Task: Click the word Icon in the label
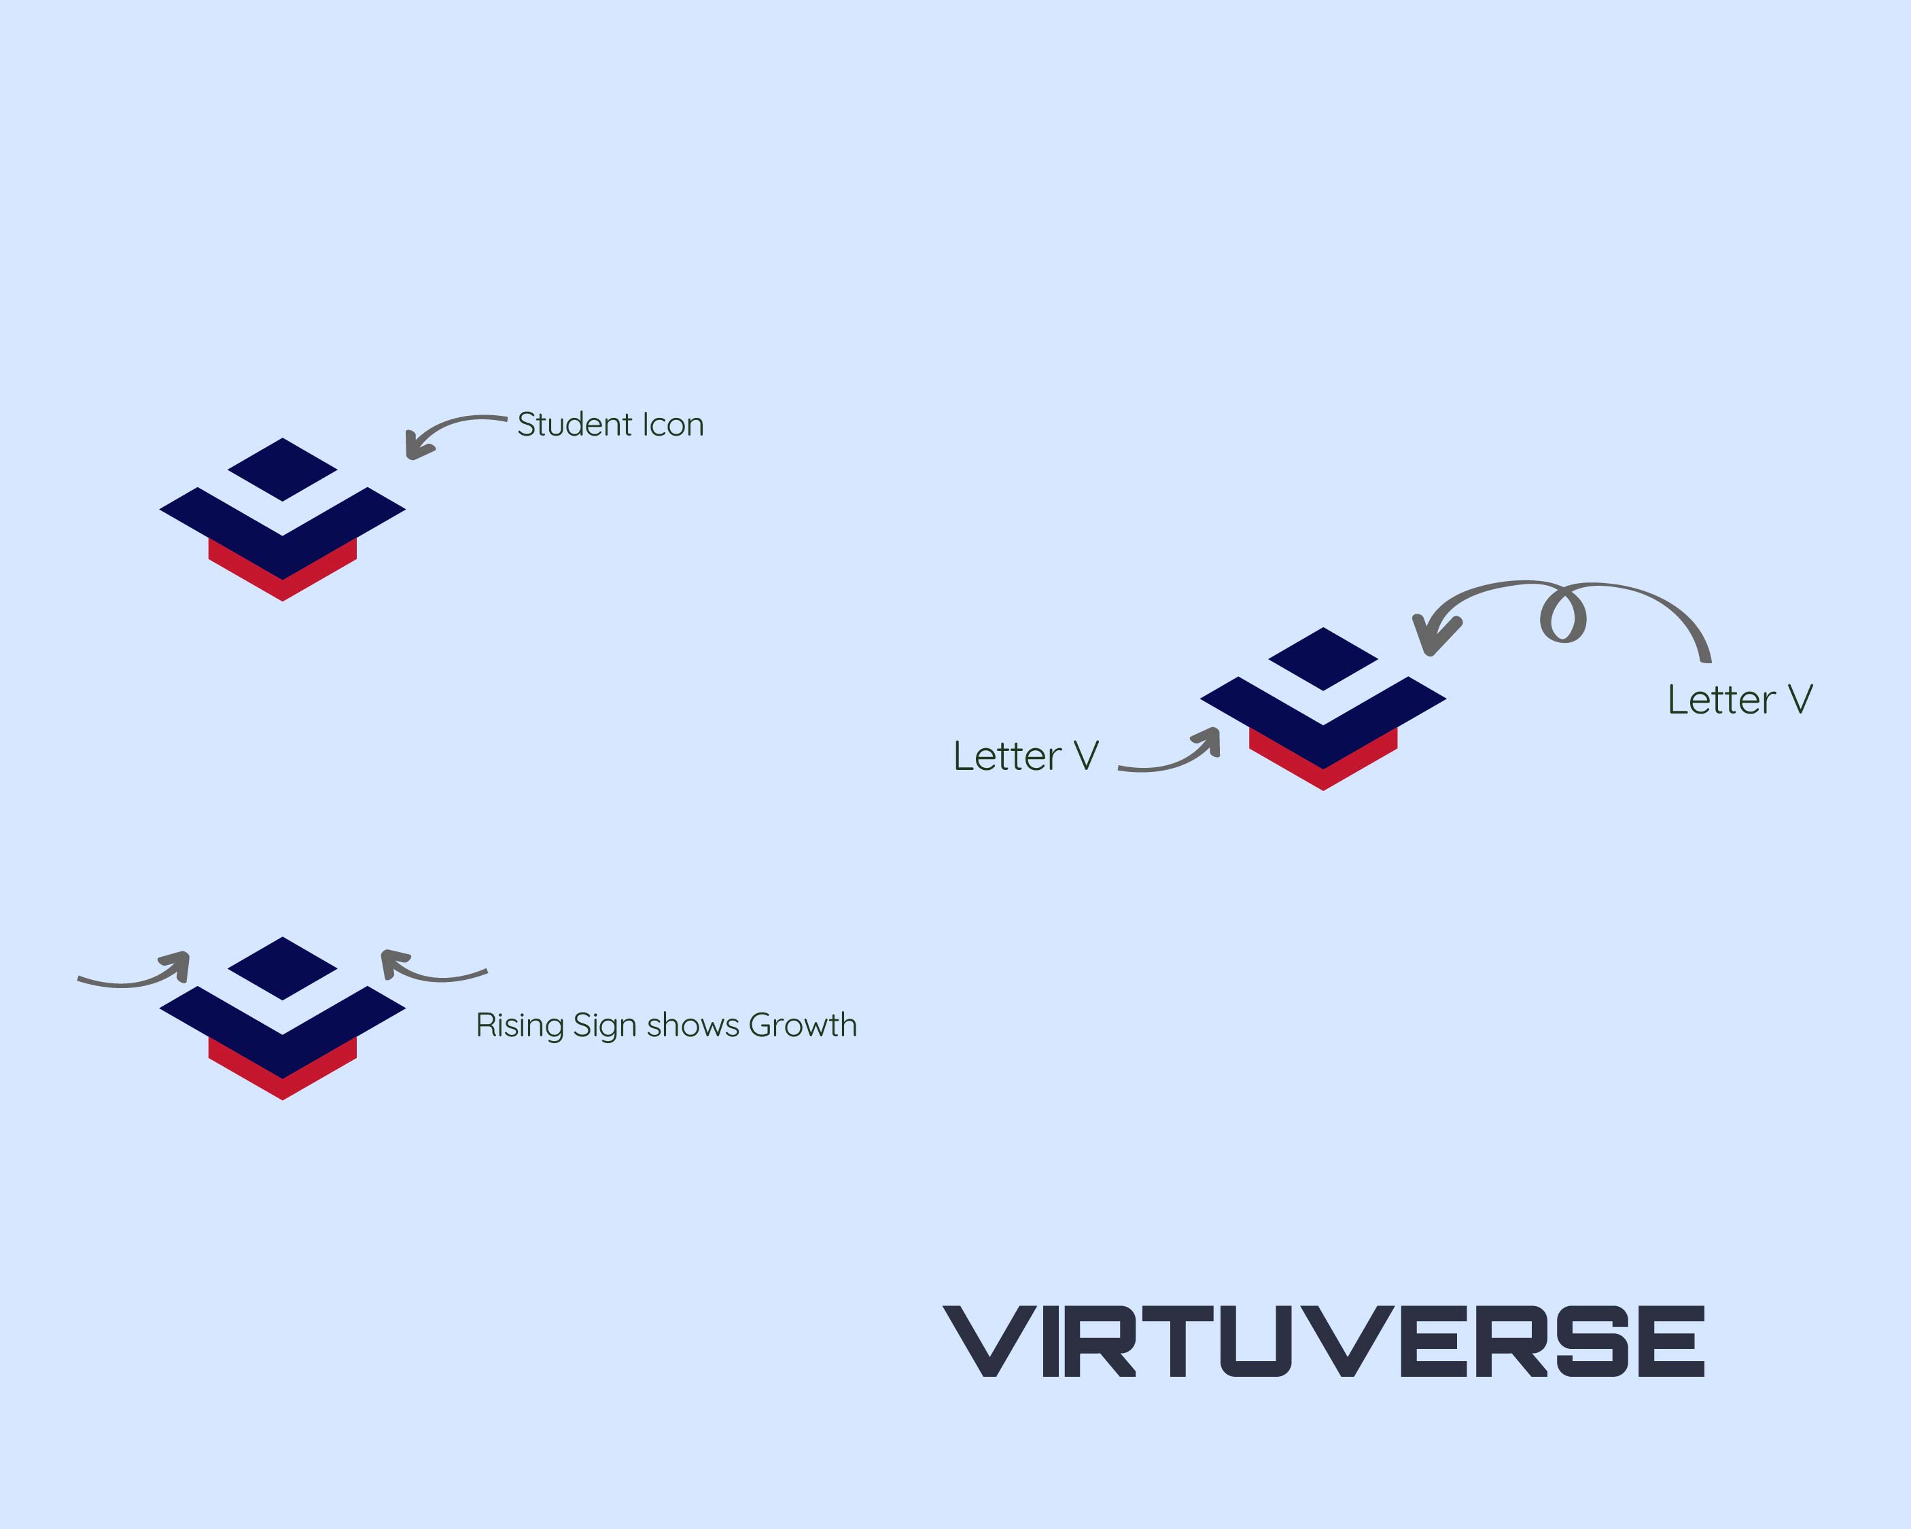tap(673, 425)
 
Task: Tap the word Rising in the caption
tap(519, 1025)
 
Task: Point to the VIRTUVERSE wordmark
tap(1322, 1340)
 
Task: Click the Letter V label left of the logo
tap(1025, 756)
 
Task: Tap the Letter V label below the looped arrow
tap(1739, 699)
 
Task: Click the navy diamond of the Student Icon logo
tap(283, 469)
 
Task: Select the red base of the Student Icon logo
tap(283, 585)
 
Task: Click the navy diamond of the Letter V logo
tap(1322, 658)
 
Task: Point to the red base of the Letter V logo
tap(1322, 775)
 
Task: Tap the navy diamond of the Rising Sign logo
tap(283, 968)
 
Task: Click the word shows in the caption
tap(692, 1025)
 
